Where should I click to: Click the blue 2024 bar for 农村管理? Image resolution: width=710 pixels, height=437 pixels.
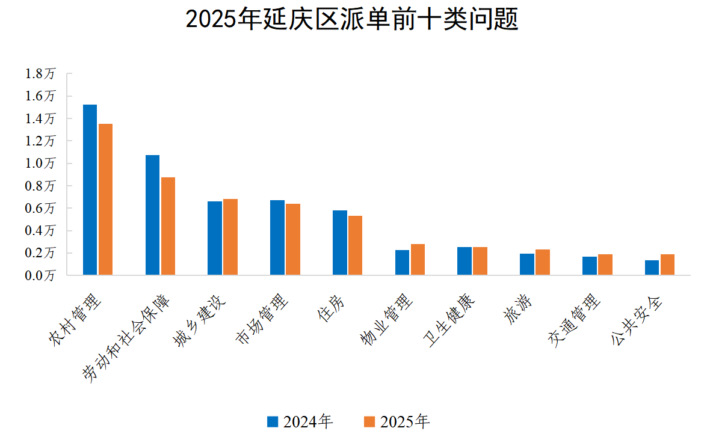[x=90, y=190]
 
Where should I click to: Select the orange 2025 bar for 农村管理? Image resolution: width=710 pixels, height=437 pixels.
[x=106, y=200]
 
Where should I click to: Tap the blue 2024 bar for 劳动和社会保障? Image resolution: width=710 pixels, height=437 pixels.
[x=152, y=215]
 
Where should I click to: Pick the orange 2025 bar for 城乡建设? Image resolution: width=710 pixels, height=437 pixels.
[x=230, y=237]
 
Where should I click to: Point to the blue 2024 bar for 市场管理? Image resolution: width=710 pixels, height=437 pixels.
[x=277, y=237]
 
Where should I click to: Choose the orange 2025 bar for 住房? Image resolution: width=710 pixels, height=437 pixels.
[x=355, y=246]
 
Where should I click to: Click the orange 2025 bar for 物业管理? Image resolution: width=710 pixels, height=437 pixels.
[x=418, y=260]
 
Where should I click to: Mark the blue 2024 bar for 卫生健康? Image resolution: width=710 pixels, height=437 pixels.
[x=464, y=261]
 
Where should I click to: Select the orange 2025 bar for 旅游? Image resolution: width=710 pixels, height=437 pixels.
[x=542, y=263]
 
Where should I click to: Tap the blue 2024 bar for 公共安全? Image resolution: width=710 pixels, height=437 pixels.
[x=652, y=268]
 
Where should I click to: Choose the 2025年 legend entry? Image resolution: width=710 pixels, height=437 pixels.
[x=397, y=422]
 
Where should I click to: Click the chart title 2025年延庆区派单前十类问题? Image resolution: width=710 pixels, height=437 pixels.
[x=352, y=20]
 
